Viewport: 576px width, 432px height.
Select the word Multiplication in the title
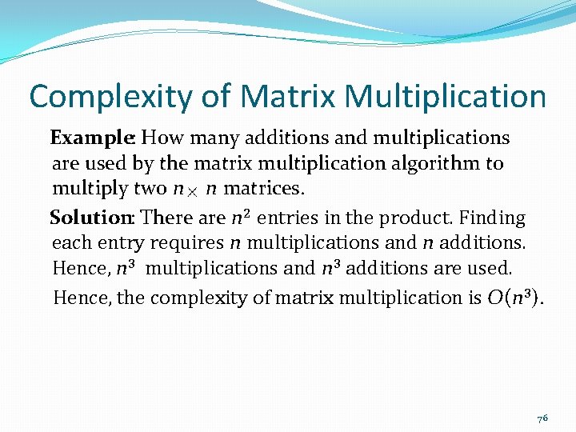tap(446, 97)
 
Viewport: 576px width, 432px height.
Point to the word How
tap(163, 138)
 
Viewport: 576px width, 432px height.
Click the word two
tap(146, 190)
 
